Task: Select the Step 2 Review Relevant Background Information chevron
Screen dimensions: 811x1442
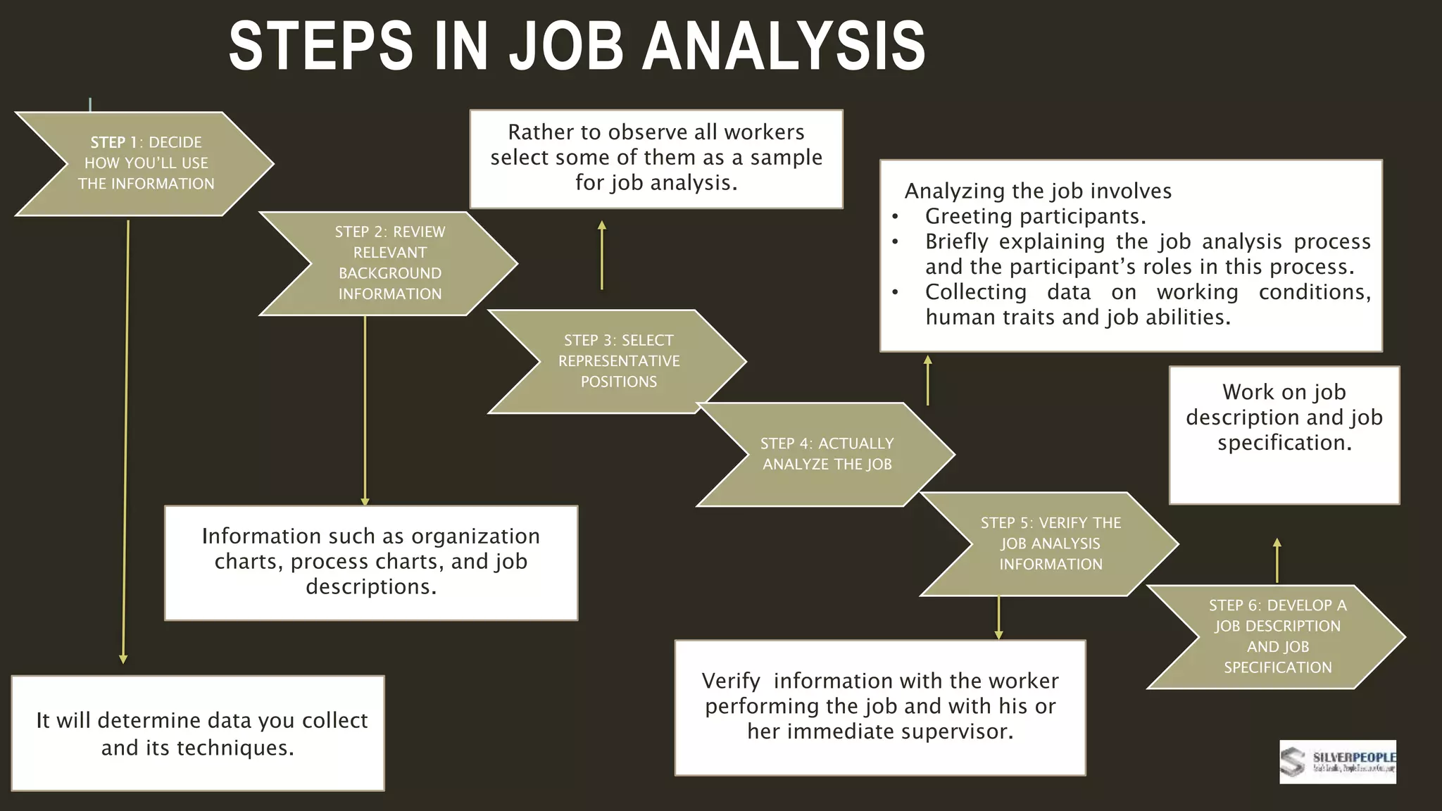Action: [x=389, y=263]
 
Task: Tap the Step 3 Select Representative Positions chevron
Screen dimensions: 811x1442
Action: [x=618, y=361]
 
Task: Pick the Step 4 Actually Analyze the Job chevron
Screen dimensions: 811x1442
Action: [x=827, y=454]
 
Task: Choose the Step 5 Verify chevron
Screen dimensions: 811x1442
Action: [x=1051, y=543]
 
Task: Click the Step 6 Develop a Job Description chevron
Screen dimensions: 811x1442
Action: [x=1277, y=636]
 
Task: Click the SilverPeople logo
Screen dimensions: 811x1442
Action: [x=1337, y=762]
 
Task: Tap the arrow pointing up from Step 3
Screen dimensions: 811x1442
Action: [x=602, y=255]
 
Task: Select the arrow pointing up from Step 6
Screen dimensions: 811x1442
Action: [x=1277, y=560]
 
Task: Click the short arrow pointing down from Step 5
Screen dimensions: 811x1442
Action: [x=998, y=617]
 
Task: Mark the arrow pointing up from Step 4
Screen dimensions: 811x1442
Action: [x=928, y=380]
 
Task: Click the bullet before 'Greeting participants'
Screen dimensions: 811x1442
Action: [x=895, y=217]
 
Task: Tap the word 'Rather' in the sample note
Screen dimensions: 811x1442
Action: [x=539, y=132]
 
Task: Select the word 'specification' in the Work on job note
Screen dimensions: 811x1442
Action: [x=1284, y=443]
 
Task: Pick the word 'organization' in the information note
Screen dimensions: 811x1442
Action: [x=475, y=536]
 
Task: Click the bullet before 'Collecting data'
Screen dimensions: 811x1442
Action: [x=895, y=292]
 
